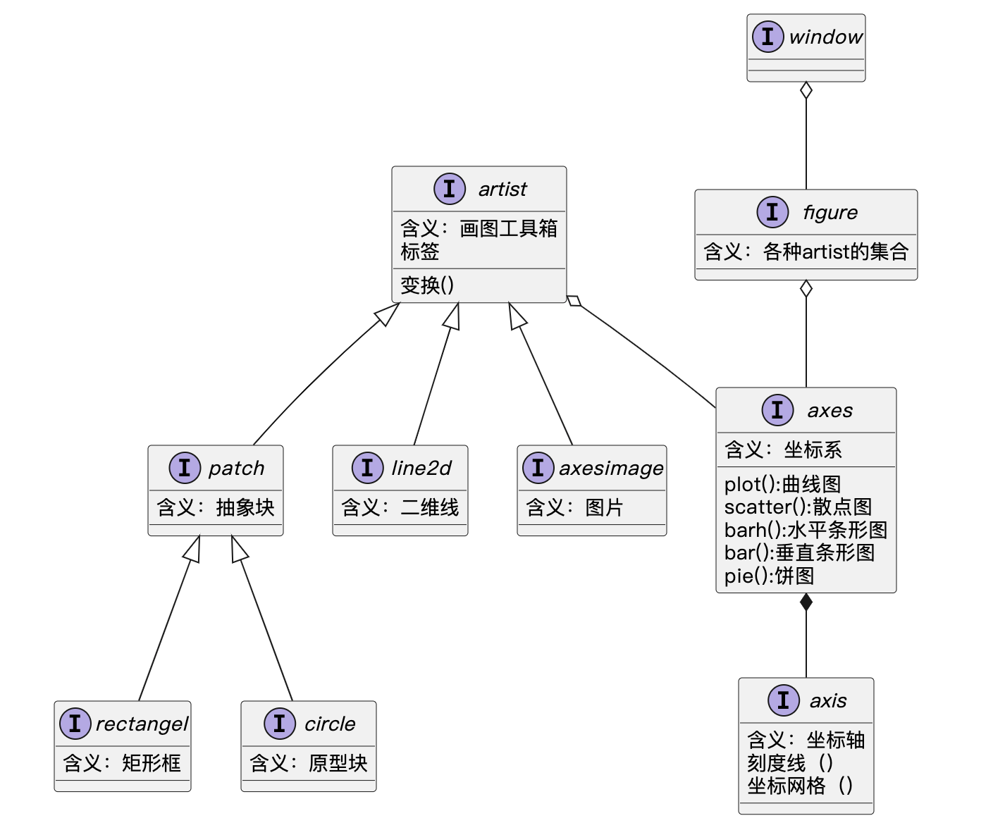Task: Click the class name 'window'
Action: coord(825,37)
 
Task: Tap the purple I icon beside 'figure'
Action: coord(772,211)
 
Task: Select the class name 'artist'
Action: coord(502,189)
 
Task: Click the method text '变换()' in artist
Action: coord(427,285)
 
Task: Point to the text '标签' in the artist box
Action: coord(420,252)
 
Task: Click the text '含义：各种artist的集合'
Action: coord(806,252)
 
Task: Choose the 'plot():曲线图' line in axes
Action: coord(782,484)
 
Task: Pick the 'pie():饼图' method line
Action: coord(769,576)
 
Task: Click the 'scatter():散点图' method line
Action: coord(798,507)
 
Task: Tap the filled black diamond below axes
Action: coord(806,602)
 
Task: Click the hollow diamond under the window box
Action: coord(806,91)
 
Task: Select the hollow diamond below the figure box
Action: coord(806,289)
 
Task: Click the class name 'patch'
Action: coord(236,468)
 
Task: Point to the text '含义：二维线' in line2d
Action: coord(400,507)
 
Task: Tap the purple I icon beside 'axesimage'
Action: coord(538,468)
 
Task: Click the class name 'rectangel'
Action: coord(142,724)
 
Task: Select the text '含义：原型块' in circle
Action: coord(308,763)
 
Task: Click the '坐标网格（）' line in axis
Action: coord(800,786)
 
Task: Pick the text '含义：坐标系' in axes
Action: coord(783,450)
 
